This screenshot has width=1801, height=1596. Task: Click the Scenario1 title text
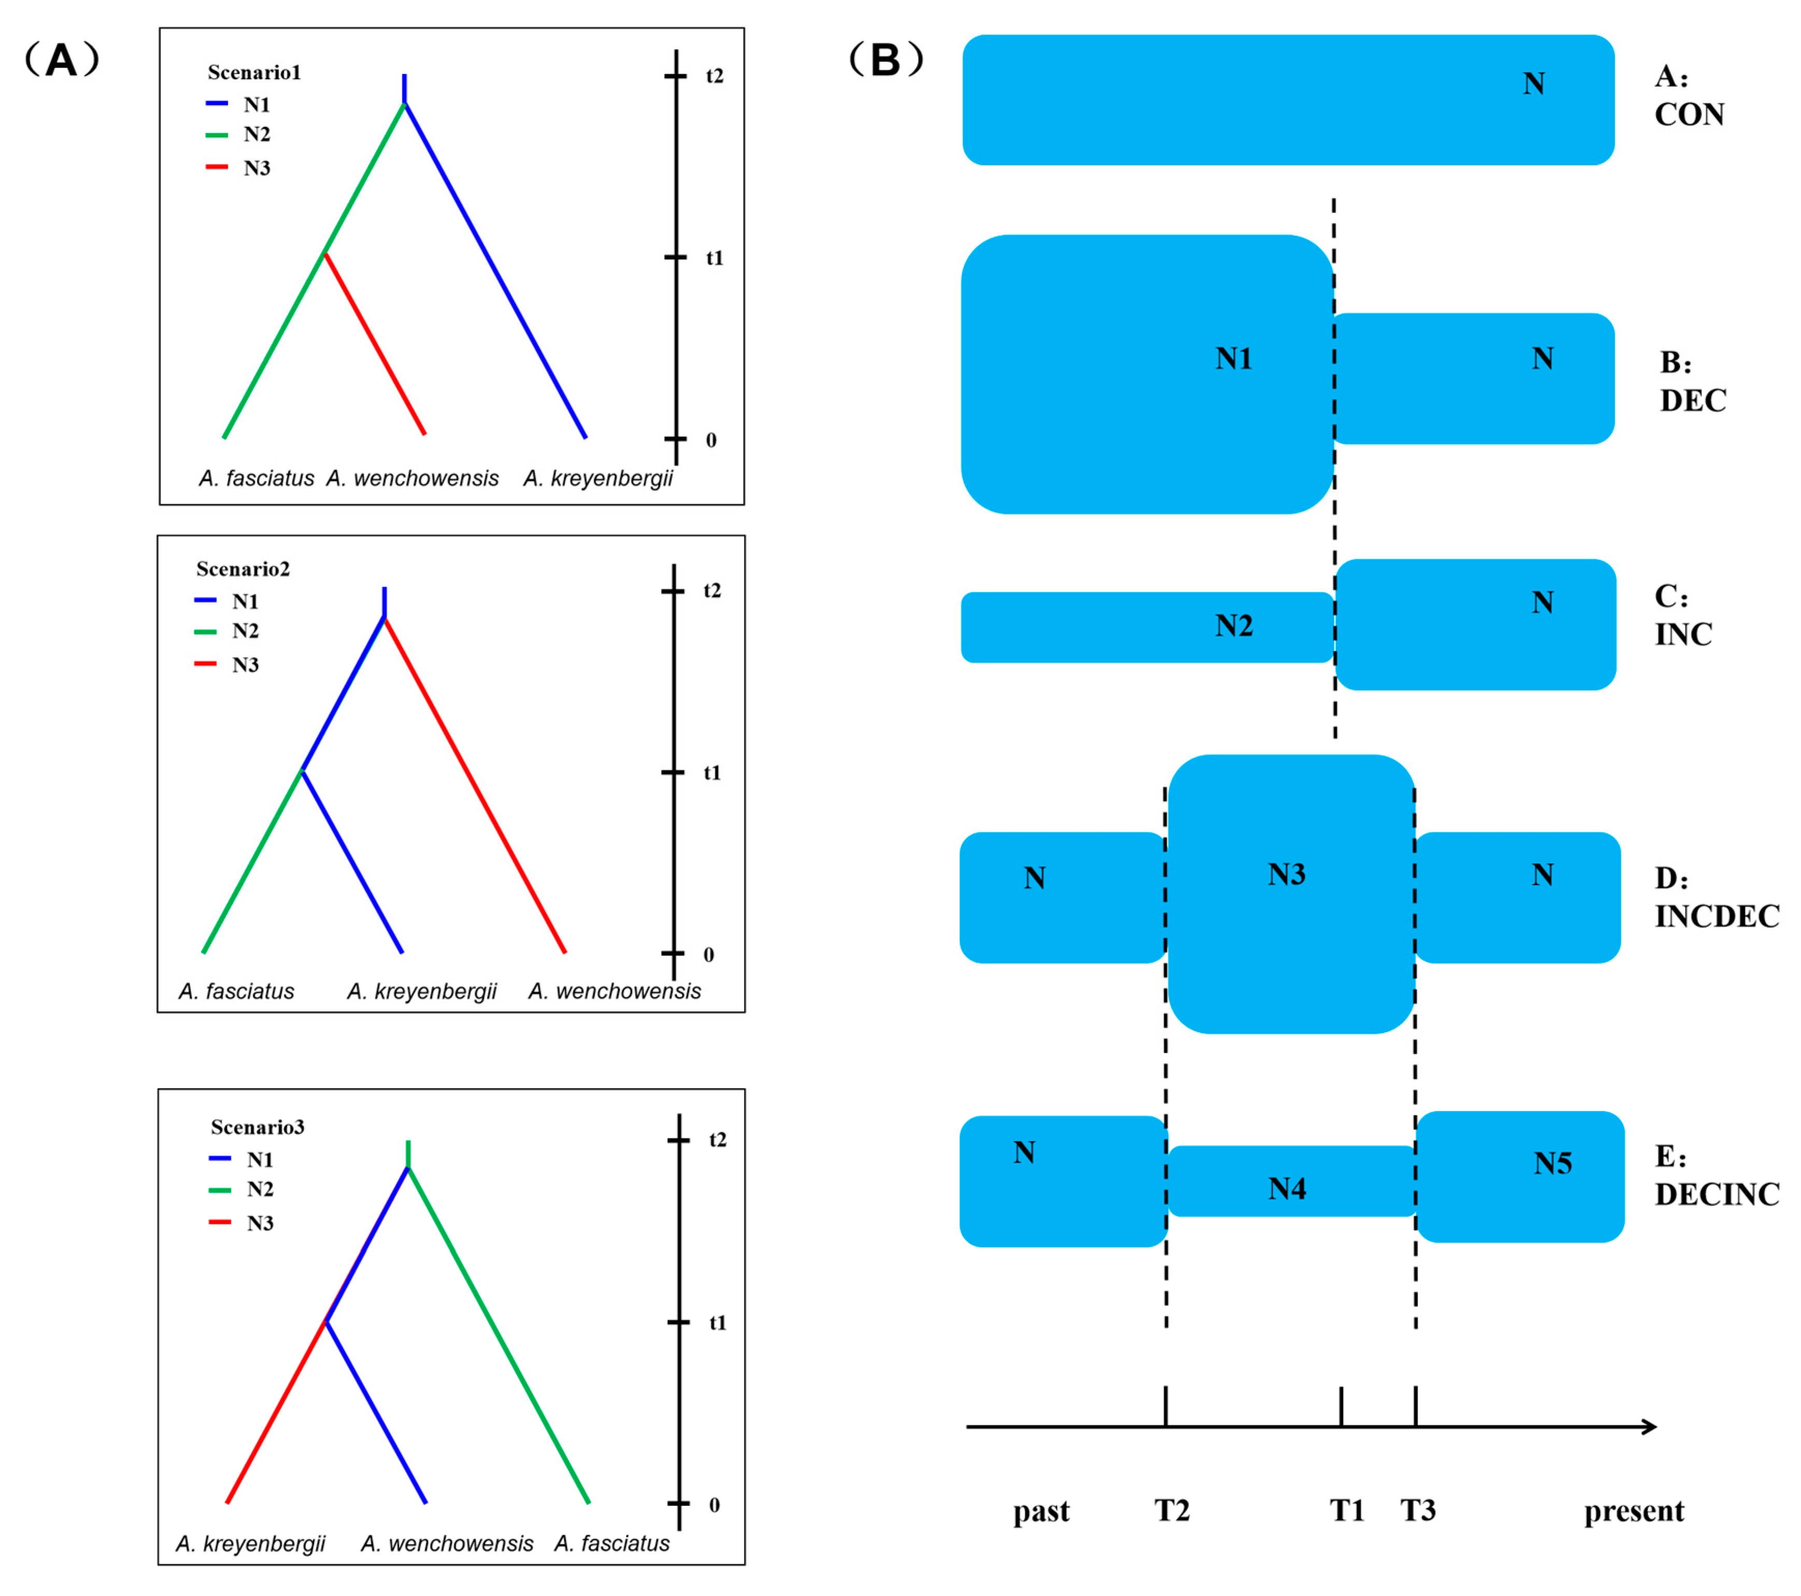tap(254, 72)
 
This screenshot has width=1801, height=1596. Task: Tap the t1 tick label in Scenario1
tap(713, 258)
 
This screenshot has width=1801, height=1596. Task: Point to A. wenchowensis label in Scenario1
tap(412, 478)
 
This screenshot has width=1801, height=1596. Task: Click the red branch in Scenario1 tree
tap(375, 344)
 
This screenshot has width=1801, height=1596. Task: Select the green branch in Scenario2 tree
tap(253, 861)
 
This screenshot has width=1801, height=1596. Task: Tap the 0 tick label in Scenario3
tap(713, 1505)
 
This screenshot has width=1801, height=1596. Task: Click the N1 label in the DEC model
tap(1234, 359)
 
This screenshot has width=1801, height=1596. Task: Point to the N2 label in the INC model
tap(1234, 626)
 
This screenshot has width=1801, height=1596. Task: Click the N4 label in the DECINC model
tap(1287, 1189)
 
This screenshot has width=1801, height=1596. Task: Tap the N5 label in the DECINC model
tap(1552, 1163)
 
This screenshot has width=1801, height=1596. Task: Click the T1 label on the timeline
tap(1346, 1510)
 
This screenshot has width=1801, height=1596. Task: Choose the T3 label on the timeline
tap(1418, 1510)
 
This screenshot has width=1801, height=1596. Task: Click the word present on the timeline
tap(1634, 1510)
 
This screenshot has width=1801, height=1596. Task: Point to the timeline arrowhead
tap(1651, 1427)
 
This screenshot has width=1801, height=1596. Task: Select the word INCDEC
tap(1717, 917)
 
